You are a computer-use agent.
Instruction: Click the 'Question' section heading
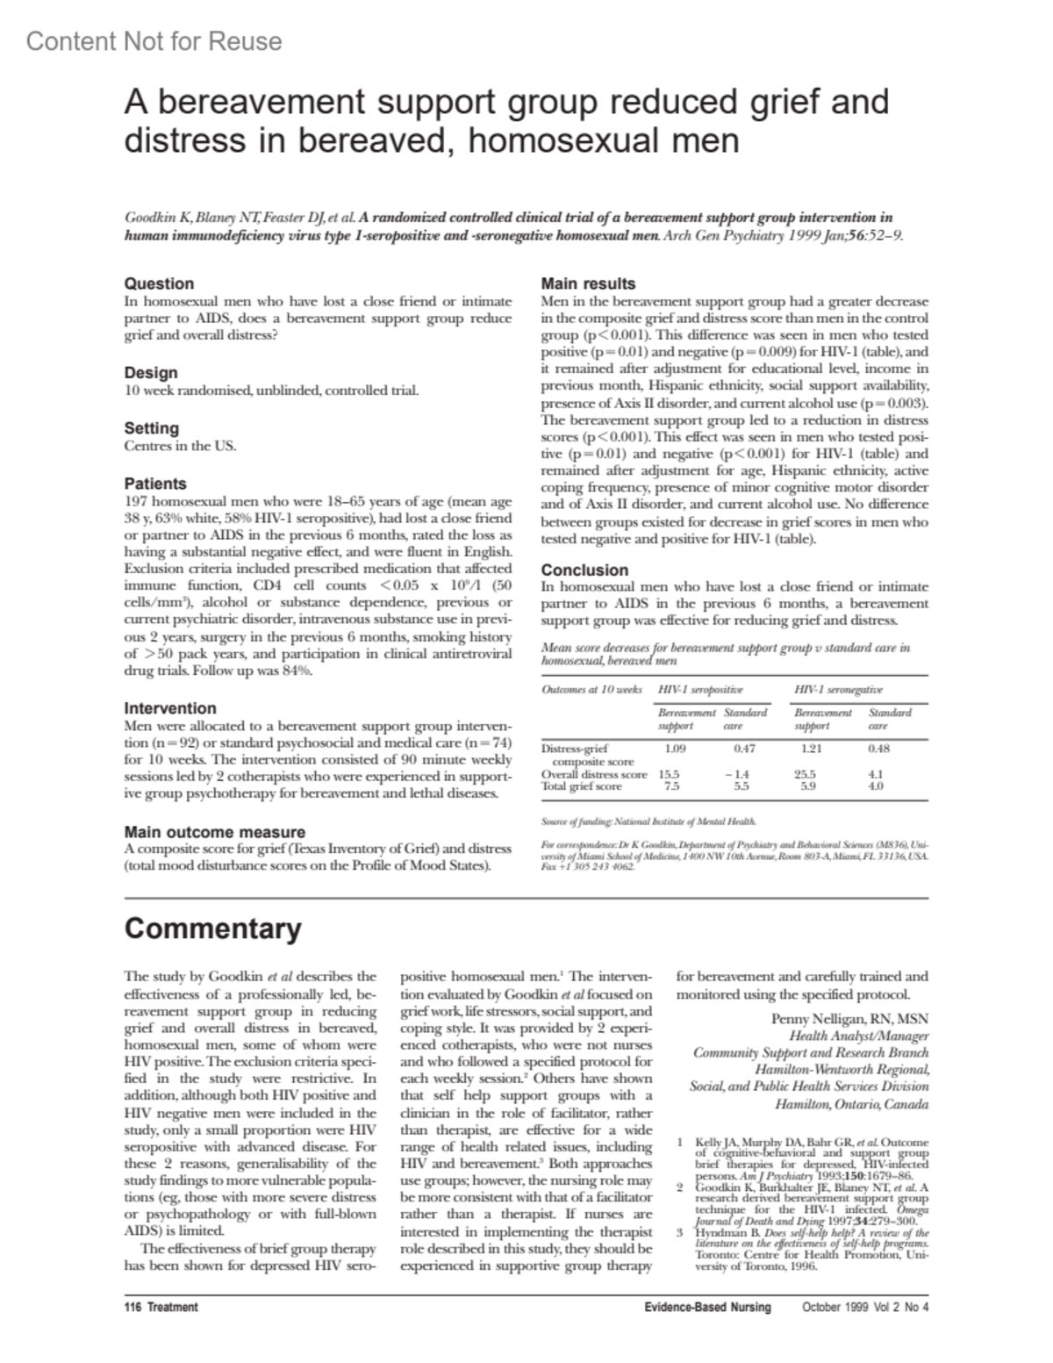[x=159, y=283]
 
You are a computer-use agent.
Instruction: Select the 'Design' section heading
[x=151, y=373]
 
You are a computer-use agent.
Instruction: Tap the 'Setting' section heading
[x=152, y=428]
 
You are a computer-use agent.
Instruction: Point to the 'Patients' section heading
[x=155, y=484]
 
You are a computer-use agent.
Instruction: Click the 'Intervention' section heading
[x=170, y=708]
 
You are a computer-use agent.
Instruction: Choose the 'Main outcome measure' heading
[x=215, y=832]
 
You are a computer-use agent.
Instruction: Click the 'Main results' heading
[x=588, y=283]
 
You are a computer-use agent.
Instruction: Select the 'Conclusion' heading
[x=584, y=570]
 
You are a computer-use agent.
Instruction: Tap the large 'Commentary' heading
[x=212, y=929]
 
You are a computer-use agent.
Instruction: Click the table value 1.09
[x=675, y=749]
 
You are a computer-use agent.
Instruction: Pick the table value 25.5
[x=805, y=774]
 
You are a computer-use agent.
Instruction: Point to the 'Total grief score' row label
[x=582, y=786]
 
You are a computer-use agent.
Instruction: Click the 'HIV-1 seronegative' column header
[x=838, y=690]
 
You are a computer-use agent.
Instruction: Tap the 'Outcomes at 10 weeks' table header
[x=592, y=690]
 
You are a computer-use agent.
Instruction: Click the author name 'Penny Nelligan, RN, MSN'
[x=849, y=1019]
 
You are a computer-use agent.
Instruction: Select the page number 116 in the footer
[x=133, y=1307]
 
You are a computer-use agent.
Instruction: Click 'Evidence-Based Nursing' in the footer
[x=707, y=1307]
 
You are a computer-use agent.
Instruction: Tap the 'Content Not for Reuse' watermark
[x=154, y=41]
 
